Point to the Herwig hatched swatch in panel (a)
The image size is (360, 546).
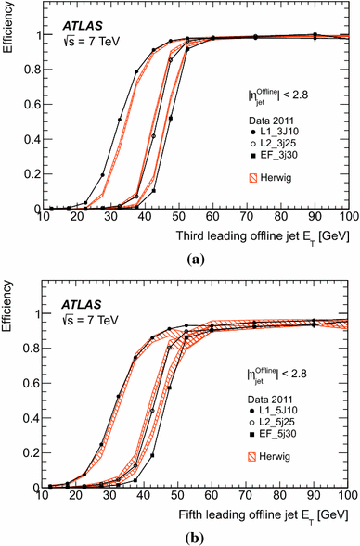261,178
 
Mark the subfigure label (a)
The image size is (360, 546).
180,260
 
